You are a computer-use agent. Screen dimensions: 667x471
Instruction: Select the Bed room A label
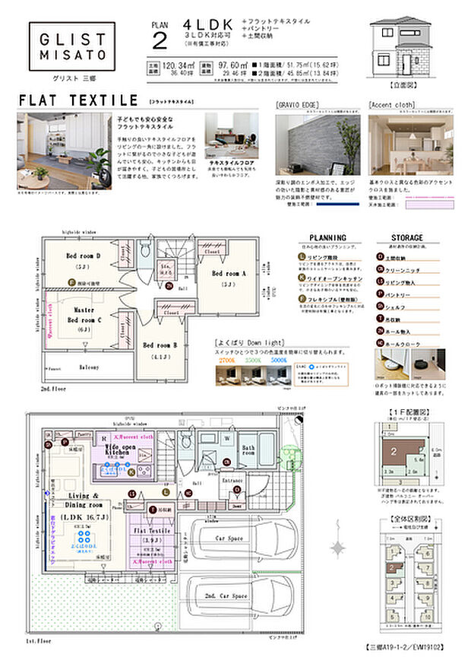(229, 274)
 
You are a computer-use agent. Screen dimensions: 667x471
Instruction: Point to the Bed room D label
(83, 256)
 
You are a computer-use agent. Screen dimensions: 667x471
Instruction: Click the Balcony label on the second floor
(90, 367)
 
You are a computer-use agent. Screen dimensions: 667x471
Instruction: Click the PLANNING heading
(328, 238)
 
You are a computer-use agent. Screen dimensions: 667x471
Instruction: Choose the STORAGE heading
(406, 238)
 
